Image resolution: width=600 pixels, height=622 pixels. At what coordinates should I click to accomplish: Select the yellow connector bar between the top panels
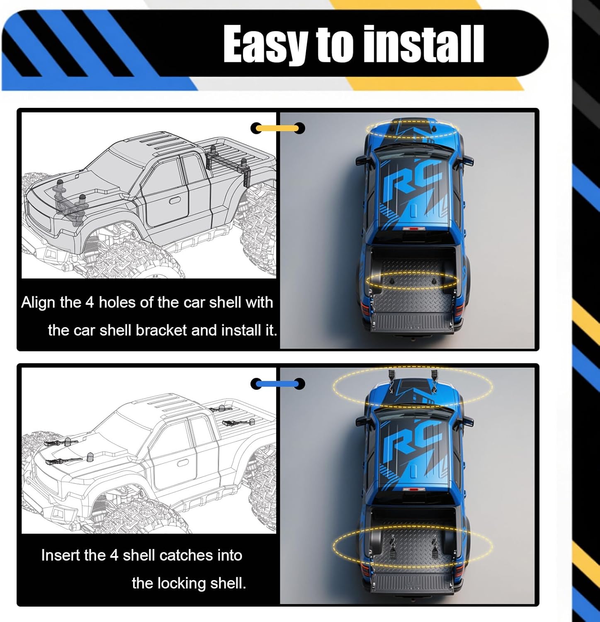(277, 128)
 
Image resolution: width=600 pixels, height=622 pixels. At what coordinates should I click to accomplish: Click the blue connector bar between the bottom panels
(277, 384)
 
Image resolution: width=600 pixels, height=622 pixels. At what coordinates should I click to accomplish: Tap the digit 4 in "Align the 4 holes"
(90, 302)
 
